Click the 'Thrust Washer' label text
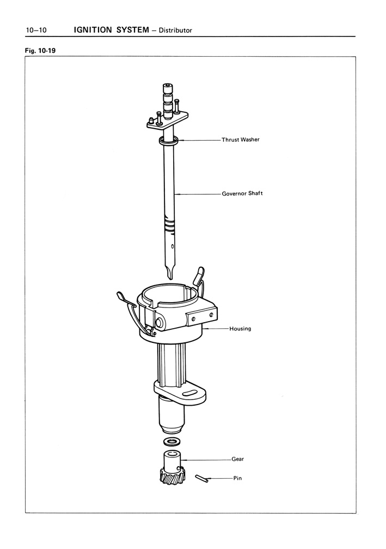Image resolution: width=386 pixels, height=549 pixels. pyautogui.click(x=241, y=140)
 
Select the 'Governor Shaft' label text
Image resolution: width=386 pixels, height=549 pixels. pyautogui.click(x=242, y=194)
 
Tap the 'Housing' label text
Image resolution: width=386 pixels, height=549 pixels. pyautogui.click(x=240, y=328)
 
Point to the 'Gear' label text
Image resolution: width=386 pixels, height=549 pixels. pyautogui.click(x=238, y=459)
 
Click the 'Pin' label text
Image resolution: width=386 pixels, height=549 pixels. pyautogui.click(x=237, y=478)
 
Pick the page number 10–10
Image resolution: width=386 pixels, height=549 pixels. pyautogui.click(x=36, y=30)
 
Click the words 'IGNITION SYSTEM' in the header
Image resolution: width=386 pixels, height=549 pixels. pyautogui.click(x=112, y=30)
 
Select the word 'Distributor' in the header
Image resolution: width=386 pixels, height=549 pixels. pyautogui.click(x=175, y=31)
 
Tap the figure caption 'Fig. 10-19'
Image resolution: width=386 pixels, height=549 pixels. pyautogui.click(x=40, y=50)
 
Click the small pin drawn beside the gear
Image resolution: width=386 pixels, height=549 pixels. pyautogui.click(x=202, y=478)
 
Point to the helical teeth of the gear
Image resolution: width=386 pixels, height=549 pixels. pyautogui.click(x=171, y=476)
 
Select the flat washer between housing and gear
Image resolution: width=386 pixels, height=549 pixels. pyautogui.click(x=171, y=441)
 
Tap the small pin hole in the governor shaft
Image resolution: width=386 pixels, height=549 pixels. pyautogui.click(x=171, y=246)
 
